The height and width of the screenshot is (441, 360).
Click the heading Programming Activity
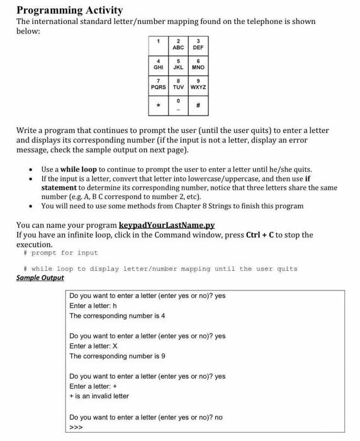coord(69,10)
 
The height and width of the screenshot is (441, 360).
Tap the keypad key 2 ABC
coord(178,44)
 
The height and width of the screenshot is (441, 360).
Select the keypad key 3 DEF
coord(198,44)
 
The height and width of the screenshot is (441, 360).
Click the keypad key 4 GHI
coord(158,64)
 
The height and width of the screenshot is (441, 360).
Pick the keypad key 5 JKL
coord(178,64)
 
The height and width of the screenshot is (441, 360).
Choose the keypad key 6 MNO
coord(198,64)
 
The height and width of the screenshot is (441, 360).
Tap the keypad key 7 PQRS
coord(158,84)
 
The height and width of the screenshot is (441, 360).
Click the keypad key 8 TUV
coord(178,84)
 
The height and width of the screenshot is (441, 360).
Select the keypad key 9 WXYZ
coord(198,84)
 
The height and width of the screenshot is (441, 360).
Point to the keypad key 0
coord(178,105)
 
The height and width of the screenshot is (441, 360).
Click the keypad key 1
coord(158,44)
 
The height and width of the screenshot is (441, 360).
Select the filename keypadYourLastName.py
coord(167,225)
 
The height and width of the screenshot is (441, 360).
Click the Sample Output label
coord(40,278)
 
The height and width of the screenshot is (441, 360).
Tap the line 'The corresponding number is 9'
coord(117,356)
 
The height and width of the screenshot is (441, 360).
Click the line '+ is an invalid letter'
coord(99,396)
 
